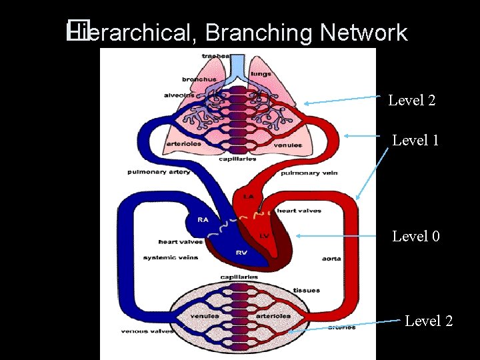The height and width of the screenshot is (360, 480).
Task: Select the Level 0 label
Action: (x=415, y=236)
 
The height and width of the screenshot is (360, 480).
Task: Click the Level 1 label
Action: (x=415, y=140)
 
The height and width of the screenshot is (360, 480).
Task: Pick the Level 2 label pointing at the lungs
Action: (x=411, y=100)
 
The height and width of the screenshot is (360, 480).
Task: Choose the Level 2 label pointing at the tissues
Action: (x=429, y=321)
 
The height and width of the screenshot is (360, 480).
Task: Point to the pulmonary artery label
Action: (x=159, y=172)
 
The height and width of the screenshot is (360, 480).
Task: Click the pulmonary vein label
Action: (x=309, y=173)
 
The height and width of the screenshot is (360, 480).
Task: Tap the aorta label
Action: (x=331, y=258)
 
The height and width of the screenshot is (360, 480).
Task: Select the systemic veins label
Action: (x=170, y=257)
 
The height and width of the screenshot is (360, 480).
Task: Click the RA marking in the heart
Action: (x=203, y=219)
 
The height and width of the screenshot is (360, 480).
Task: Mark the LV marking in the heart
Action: (x=263, y=236)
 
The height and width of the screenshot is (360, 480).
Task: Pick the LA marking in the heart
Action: (x=248, y=197)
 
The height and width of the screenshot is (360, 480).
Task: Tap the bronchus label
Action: (x=199, y=79)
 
